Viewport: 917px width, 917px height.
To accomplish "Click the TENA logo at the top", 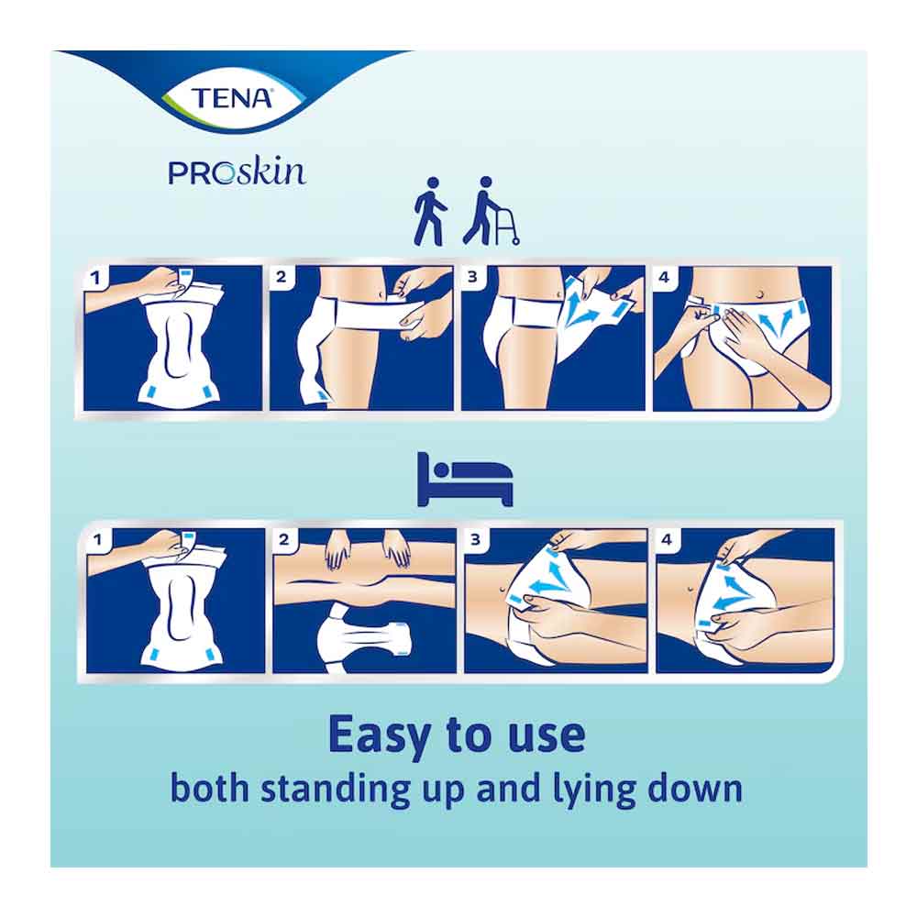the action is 232,98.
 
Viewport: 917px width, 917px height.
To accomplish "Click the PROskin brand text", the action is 237,173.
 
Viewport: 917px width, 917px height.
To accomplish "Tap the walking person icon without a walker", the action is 430,211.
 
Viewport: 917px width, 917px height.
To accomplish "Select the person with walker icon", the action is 490,211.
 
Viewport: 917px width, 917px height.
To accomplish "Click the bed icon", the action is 465,479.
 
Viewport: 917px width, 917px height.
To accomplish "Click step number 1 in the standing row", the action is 96,278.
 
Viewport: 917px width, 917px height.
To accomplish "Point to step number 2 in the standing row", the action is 282,277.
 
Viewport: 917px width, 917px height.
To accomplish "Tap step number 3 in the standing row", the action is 472,277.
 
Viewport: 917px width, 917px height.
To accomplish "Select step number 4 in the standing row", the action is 664,277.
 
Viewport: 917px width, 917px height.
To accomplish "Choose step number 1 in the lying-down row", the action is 98,539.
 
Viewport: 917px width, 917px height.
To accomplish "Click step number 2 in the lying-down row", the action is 284,539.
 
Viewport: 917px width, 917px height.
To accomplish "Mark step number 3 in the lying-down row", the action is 475,539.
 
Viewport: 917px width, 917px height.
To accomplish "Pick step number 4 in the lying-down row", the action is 667,539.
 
